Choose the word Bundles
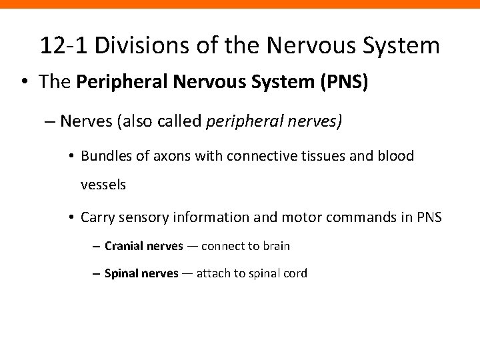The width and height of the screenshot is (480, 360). pyautogui.click(x=103, y=156)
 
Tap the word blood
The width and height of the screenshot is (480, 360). pyautogui.click(x=397, y=156)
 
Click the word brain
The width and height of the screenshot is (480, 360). pyautogui.click(x=277, y=246)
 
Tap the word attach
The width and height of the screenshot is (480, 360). pyautogui.click(x=214, y=273)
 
